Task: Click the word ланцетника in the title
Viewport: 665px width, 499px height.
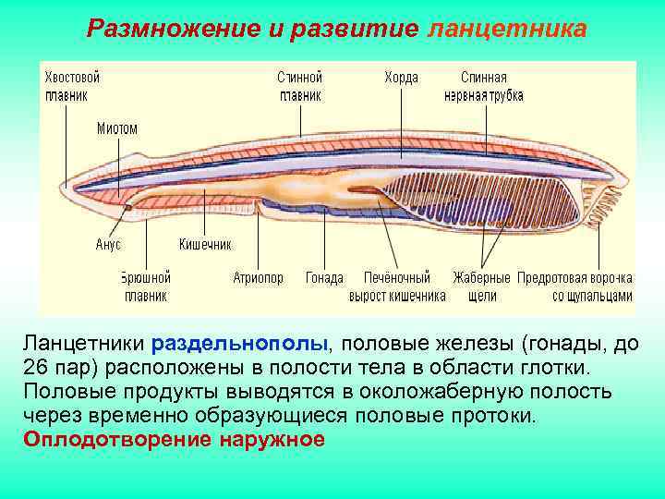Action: point(507,29)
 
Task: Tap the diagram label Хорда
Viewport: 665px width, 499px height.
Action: point(401,79)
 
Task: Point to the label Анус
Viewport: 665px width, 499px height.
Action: point(108,245)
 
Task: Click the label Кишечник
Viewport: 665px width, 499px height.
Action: point(205,245)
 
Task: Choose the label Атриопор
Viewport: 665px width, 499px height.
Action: point(258,278)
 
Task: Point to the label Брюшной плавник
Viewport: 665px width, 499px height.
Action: point(146,286)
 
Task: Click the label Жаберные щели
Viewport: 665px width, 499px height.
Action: point(481,286)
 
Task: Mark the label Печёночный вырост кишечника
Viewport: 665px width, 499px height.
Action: point(397,286)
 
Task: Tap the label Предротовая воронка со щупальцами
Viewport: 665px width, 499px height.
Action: point(576,286)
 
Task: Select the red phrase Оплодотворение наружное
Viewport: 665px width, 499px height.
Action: point(174,439)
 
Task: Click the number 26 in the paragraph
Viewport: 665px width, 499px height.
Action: point(37,369)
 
